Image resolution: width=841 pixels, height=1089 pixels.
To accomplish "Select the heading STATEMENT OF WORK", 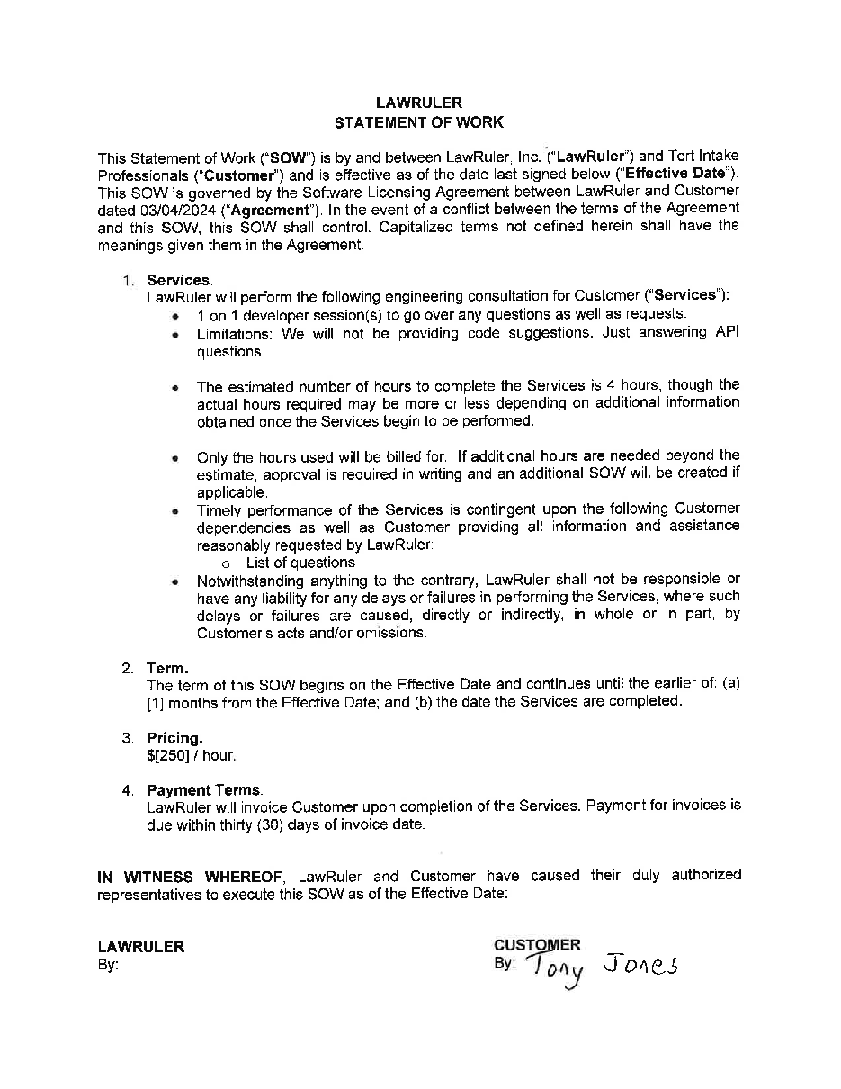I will click(419, 122).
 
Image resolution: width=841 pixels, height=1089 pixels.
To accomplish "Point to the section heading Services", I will click(178, 280).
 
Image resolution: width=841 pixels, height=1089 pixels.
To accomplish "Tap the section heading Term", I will click(166, 668).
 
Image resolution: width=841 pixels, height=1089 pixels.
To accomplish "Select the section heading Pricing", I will click(174, 738).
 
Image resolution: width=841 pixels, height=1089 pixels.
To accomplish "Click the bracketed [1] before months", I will click(155, 702).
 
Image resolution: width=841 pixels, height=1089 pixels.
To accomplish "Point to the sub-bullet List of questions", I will click(300, 562).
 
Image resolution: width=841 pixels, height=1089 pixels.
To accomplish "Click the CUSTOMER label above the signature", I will click(537, 945).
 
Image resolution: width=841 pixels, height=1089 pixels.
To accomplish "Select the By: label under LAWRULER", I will click(108, 965).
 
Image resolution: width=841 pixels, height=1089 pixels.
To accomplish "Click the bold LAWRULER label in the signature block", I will click(140, 947).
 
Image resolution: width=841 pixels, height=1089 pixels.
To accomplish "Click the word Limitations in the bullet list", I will click(236, 333).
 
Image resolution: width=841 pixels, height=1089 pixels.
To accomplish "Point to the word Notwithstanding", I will click(254, 580).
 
